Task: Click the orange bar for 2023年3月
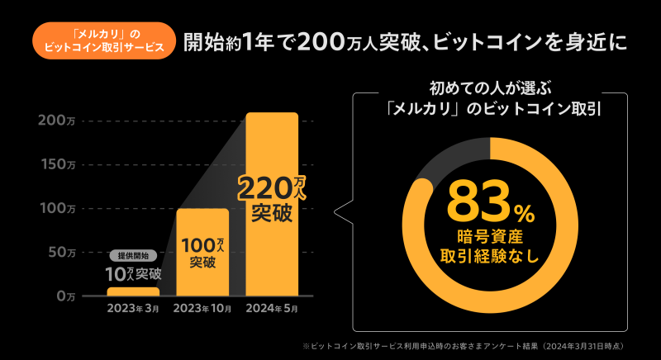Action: pos(133,291)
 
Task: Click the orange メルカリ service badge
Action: pos(104,40)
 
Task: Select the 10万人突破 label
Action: pos(133,273)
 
